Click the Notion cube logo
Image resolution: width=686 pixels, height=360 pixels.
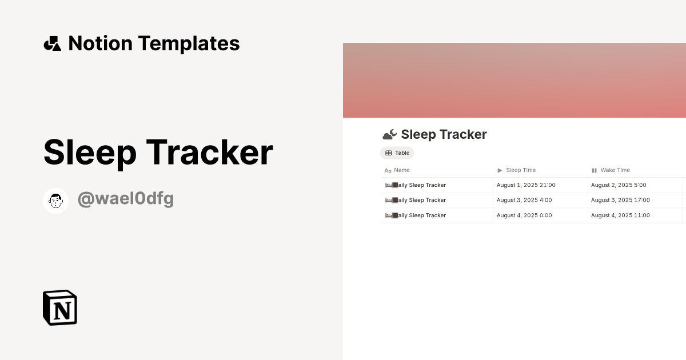coord(60,307)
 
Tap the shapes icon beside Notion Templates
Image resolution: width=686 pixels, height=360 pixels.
coord(52,43)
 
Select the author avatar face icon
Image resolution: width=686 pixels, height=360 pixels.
coord(55,201)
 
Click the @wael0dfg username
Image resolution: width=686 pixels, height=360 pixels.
coord(126,199)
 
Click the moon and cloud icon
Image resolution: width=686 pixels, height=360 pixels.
coord(389,135)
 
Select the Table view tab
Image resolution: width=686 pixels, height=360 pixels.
coord(397,153)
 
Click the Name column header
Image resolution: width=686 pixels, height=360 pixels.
coord(402,170)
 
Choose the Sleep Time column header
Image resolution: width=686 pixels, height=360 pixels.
coord(521,170)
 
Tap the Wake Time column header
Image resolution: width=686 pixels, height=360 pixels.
coord(615,170)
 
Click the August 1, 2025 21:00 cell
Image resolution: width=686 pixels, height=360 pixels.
coord(526,185)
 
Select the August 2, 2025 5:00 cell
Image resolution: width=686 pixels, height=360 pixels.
coord(619,185)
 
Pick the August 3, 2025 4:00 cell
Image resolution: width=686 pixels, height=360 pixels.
coord(524,200)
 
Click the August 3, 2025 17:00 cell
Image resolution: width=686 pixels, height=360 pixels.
coord(620,200)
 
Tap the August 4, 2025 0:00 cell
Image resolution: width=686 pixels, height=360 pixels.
coord(524,215)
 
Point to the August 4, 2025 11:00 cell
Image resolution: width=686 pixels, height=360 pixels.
coord(620,215)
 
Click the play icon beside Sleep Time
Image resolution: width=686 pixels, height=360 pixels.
coord(500,170)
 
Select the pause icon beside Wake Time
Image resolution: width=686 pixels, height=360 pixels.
coord(594,170)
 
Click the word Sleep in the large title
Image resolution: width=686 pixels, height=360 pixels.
coord(87,153)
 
